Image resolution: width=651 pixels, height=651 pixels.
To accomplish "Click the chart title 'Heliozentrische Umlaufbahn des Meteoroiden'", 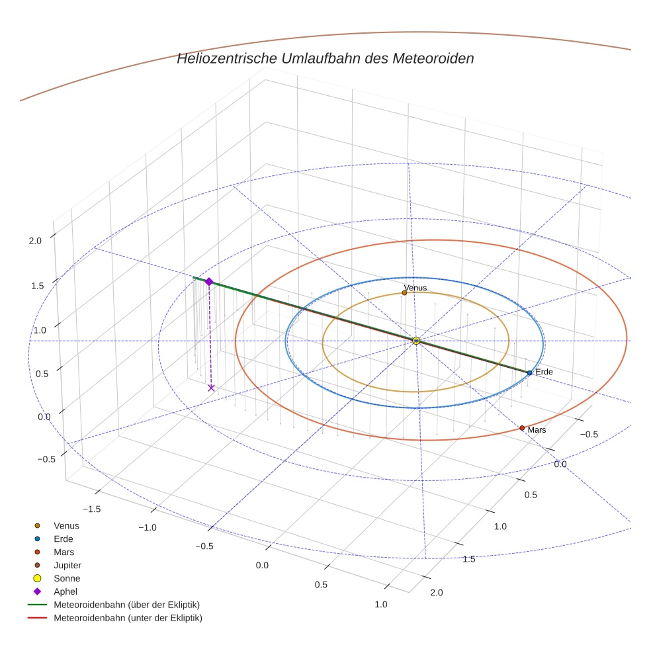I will pos(325,58).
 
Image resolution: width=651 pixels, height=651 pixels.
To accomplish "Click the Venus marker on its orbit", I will pos(404,292).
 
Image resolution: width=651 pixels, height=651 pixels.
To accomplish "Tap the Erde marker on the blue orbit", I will pos(529,373).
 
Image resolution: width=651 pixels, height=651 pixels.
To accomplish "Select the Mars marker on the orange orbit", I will pos(522,428).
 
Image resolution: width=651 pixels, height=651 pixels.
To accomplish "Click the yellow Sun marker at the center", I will pos(416,341).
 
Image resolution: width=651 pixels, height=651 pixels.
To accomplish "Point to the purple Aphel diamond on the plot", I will pos(209,282).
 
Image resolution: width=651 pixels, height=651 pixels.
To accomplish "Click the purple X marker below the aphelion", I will pos(211,388).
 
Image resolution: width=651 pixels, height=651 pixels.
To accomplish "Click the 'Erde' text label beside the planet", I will pos(544,372).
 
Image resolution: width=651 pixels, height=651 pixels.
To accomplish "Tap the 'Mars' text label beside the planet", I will pos(537,430).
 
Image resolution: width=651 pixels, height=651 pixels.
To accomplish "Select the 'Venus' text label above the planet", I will pos(415,288).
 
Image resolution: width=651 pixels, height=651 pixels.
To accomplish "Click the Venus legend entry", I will pos(66,526).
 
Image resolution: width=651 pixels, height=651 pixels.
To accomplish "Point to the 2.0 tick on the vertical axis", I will pos(35,241).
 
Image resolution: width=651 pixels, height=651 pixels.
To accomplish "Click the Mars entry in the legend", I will pos(64,552).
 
